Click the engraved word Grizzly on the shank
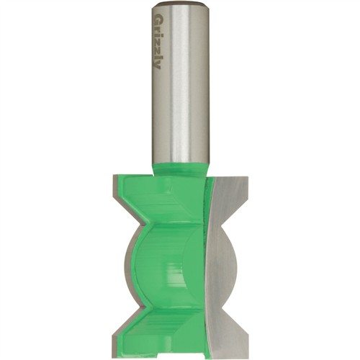click(x=158, y=40)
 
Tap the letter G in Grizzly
click(x=158, y=18)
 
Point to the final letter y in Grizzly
click(x=158, y=65)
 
